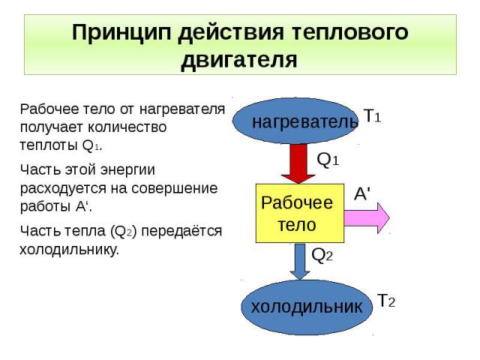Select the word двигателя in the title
(x=240, y=59)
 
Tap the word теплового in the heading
(x=351, y=33)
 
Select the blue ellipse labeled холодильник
(x=306, y=306)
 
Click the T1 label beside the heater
(x=373, y=115)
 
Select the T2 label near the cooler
(x=385, y=301)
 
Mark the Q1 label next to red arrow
(x=328, y=160)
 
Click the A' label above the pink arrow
(x=362, y=193)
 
